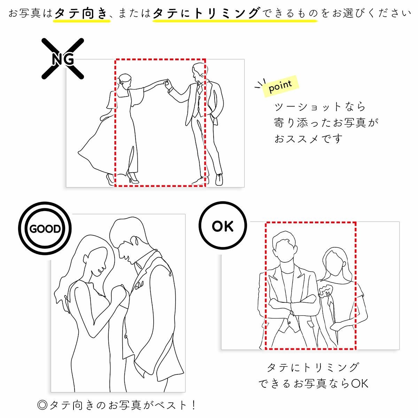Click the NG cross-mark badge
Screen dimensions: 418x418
pos(63,58)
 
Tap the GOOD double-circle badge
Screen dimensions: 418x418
pos(45,229)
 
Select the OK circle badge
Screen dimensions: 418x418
pos(223,226)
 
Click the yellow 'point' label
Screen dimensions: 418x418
pos(280,85)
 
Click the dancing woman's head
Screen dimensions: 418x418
pos(124,81)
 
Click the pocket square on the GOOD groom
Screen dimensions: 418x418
pos(139,286)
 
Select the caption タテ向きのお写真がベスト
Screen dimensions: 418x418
pos(117,405)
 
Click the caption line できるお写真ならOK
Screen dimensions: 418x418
pos(313,384)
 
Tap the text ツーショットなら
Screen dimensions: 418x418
pos(320,107)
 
